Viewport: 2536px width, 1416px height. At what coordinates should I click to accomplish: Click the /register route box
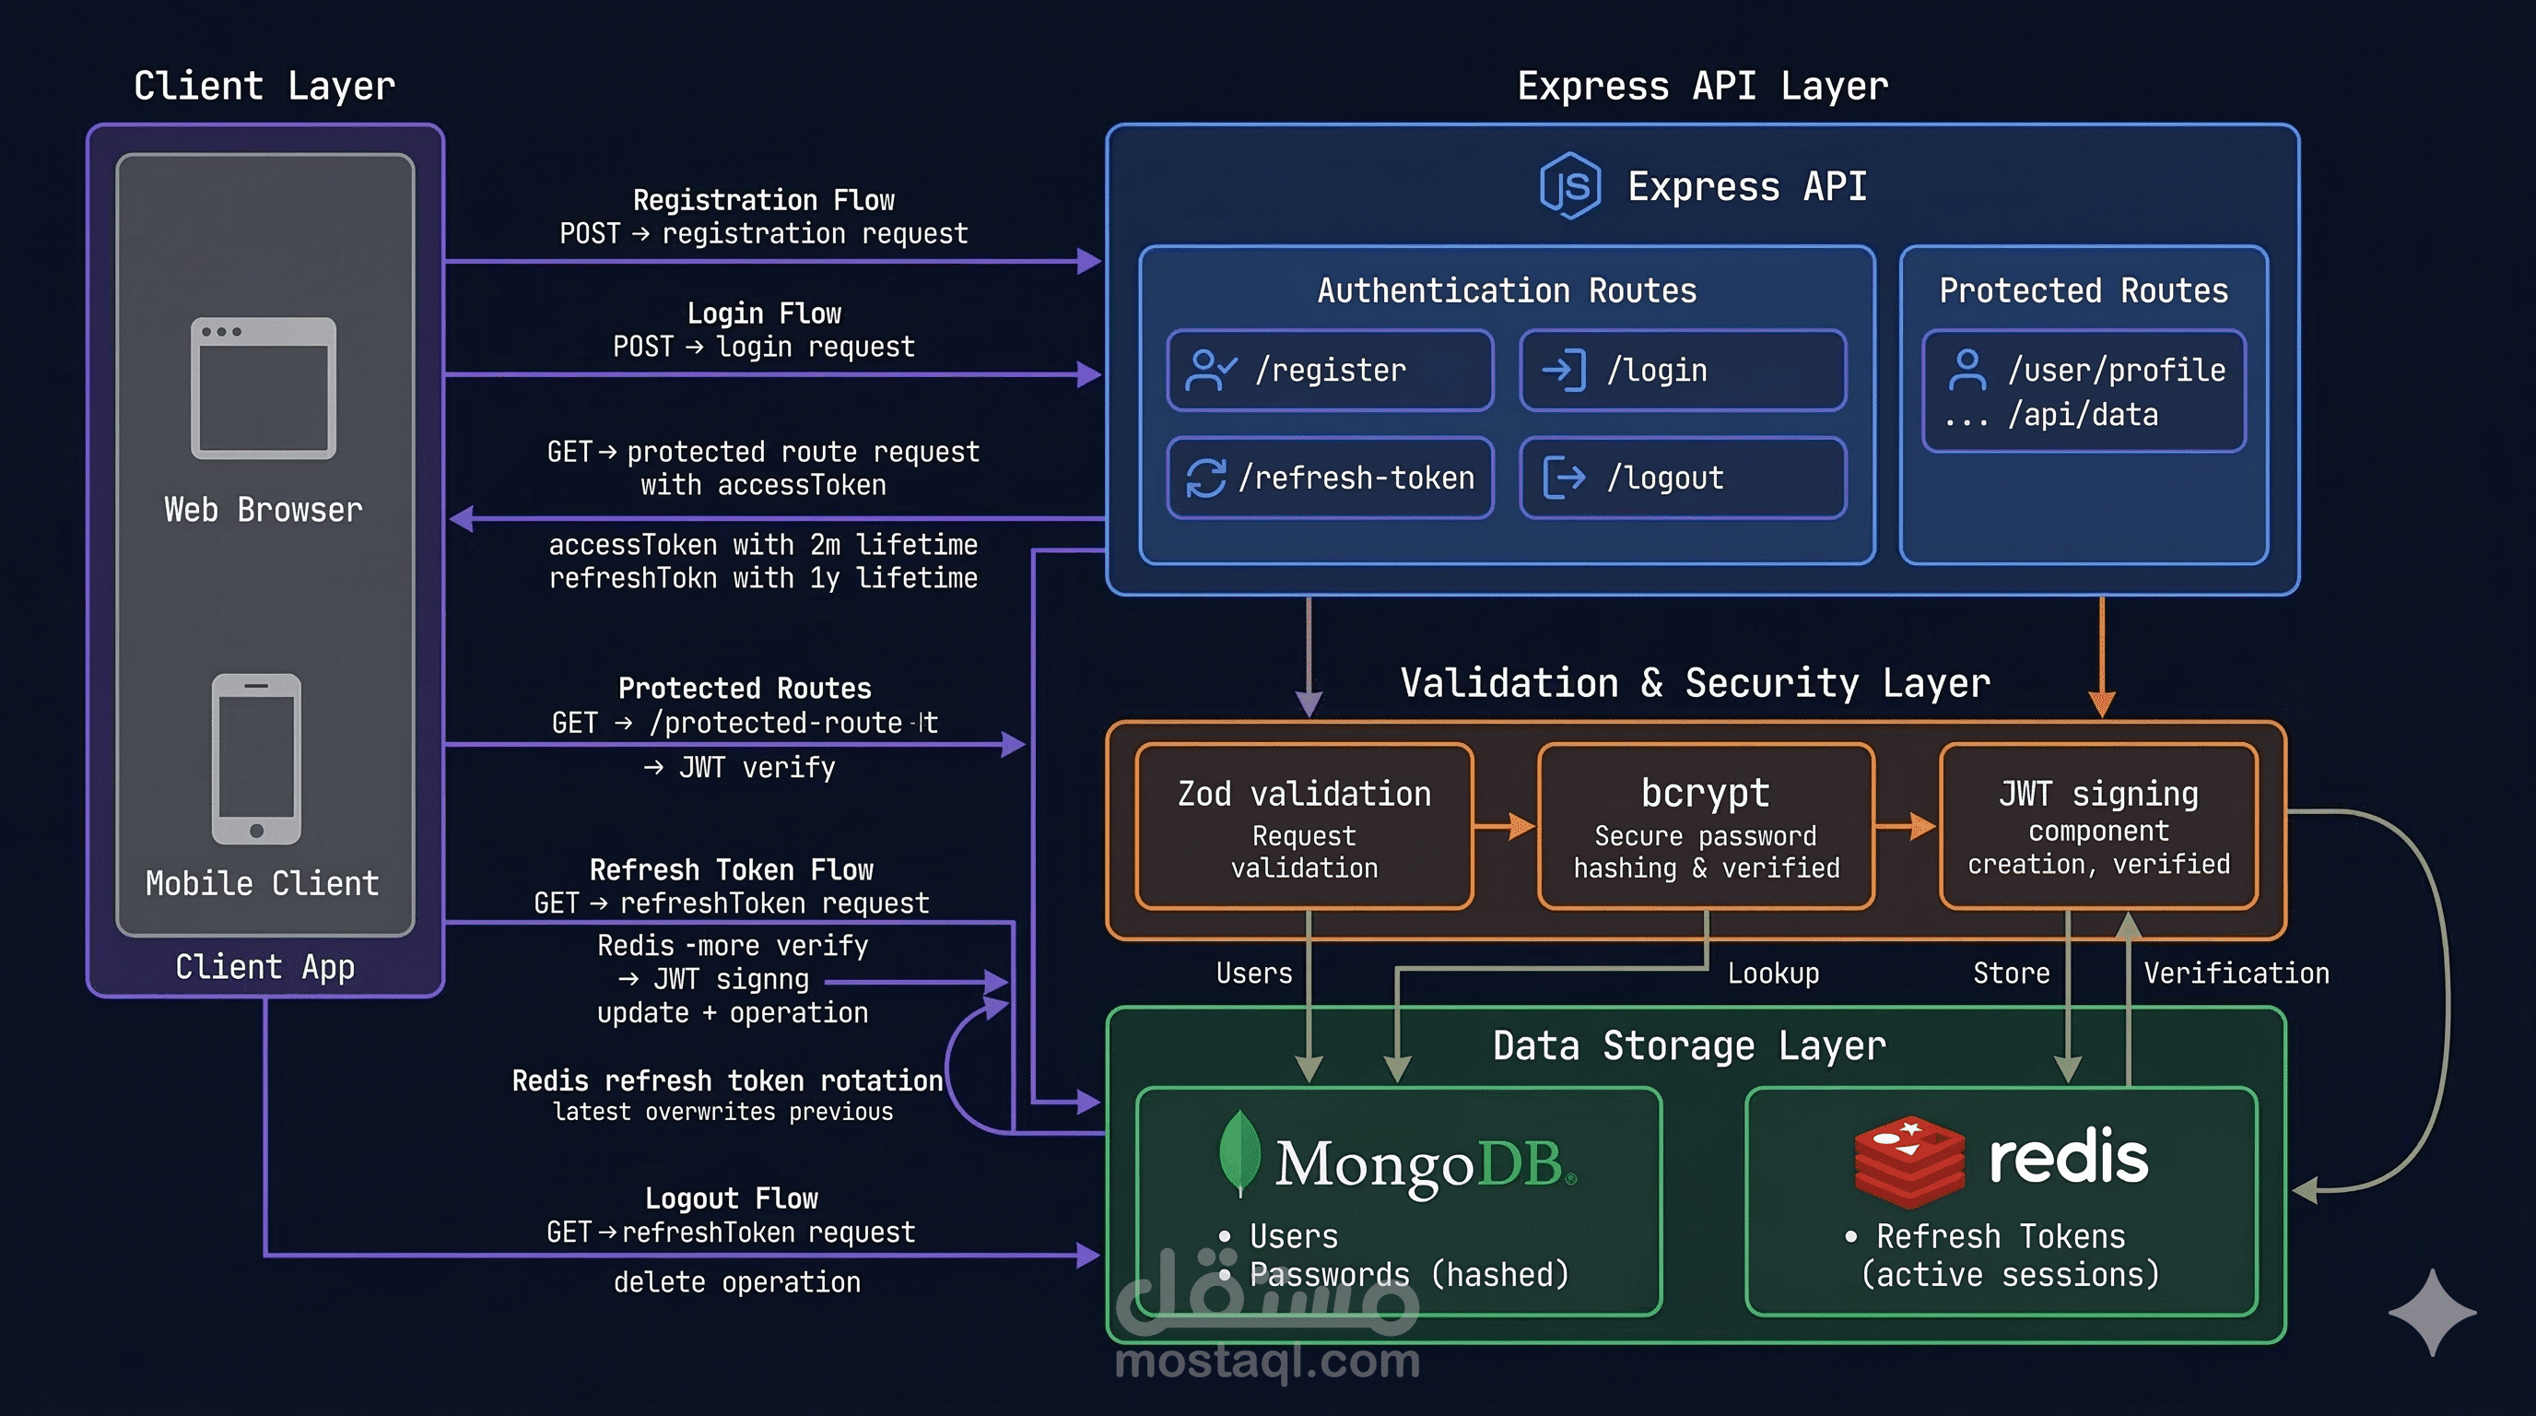(1329, 371)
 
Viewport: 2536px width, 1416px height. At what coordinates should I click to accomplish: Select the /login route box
(1682, 371)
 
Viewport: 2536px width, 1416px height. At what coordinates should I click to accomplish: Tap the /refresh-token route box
(1329, 478)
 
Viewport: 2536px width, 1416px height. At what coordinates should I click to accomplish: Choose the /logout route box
(1682, 478)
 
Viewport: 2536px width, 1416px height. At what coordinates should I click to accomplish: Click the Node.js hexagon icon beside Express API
(1570, 185)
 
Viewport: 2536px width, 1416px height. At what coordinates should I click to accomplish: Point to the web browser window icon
(263, 388)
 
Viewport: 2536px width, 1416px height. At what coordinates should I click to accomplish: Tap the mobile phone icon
(256, 758)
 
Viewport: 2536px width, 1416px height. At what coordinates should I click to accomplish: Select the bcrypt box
(1705, 826)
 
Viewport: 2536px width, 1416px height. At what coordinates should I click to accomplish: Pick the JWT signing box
(2098, 826)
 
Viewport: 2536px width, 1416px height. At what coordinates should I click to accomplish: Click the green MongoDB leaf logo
(1239, 1152)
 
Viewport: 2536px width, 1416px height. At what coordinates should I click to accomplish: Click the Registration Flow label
(763, 200)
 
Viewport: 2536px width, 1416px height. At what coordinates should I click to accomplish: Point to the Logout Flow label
(732, 1198)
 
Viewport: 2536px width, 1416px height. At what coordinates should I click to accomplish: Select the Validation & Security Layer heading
(1695, 682)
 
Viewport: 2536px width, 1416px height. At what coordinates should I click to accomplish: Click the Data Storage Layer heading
(1688, 1044)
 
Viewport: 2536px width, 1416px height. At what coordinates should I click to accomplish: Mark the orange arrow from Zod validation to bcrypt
(1505, 826)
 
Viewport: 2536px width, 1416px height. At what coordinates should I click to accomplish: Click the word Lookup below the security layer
(1773, 973)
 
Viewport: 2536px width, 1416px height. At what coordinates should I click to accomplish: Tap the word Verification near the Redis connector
(2236, 973)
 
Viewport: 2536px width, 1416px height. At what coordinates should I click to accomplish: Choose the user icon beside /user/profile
(1967, 370)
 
